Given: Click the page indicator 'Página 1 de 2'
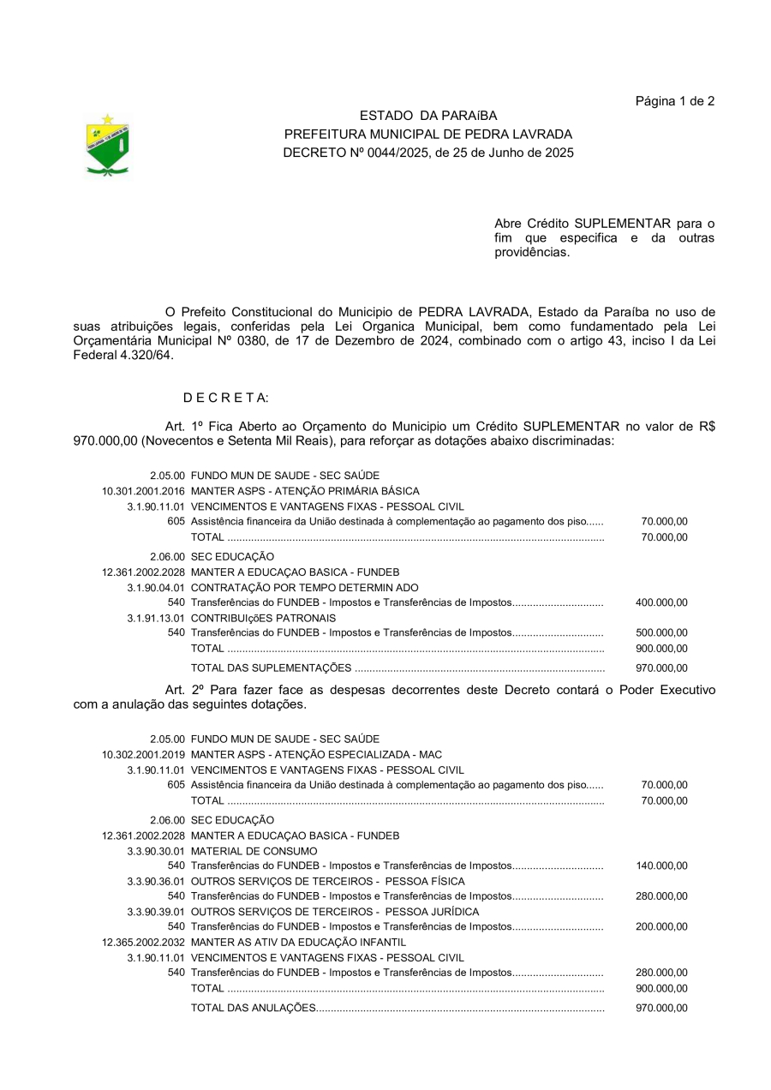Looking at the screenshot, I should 674,101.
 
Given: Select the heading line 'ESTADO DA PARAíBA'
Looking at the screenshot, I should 427,116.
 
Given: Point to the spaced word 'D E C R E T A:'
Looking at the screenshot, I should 225,398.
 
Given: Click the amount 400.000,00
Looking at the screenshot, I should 661,602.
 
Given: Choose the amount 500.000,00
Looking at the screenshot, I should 661,632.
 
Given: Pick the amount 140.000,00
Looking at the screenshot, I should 661,866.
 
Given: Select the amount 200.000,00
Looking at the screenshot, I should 661,926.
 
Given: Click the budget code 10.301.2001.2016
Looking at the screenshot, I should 143,491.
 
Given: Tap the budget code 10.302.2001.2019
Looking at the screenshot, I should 143,754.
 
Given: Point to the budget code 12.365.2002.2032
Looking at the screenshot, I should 143,942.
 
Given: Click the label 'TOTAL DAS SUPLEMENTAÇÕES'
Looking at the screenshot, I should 271,668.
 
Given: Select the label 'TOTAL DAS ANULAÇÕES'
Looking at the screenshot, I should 254,1008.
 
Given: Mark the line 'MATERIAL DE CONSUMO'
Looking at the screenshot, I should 254,851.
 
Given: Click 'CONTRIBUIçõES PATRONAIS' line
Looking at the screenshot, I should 263,618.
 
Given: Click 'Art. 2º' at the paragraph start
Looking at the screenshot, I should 186,690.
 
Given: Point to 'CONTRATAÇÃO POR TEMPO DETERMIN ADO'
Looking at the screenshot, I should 304,588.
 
